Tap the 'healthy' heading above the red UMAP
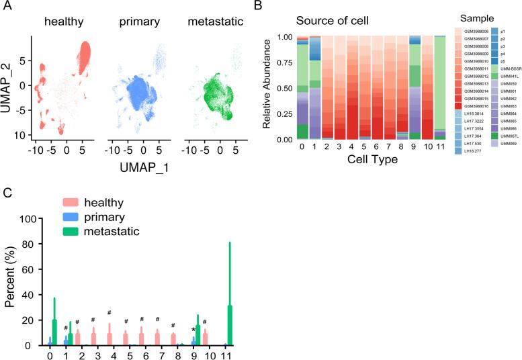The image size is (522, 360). tap(64, 22)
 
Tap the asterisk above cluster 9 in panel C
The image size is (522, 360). tap(193, 329)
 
